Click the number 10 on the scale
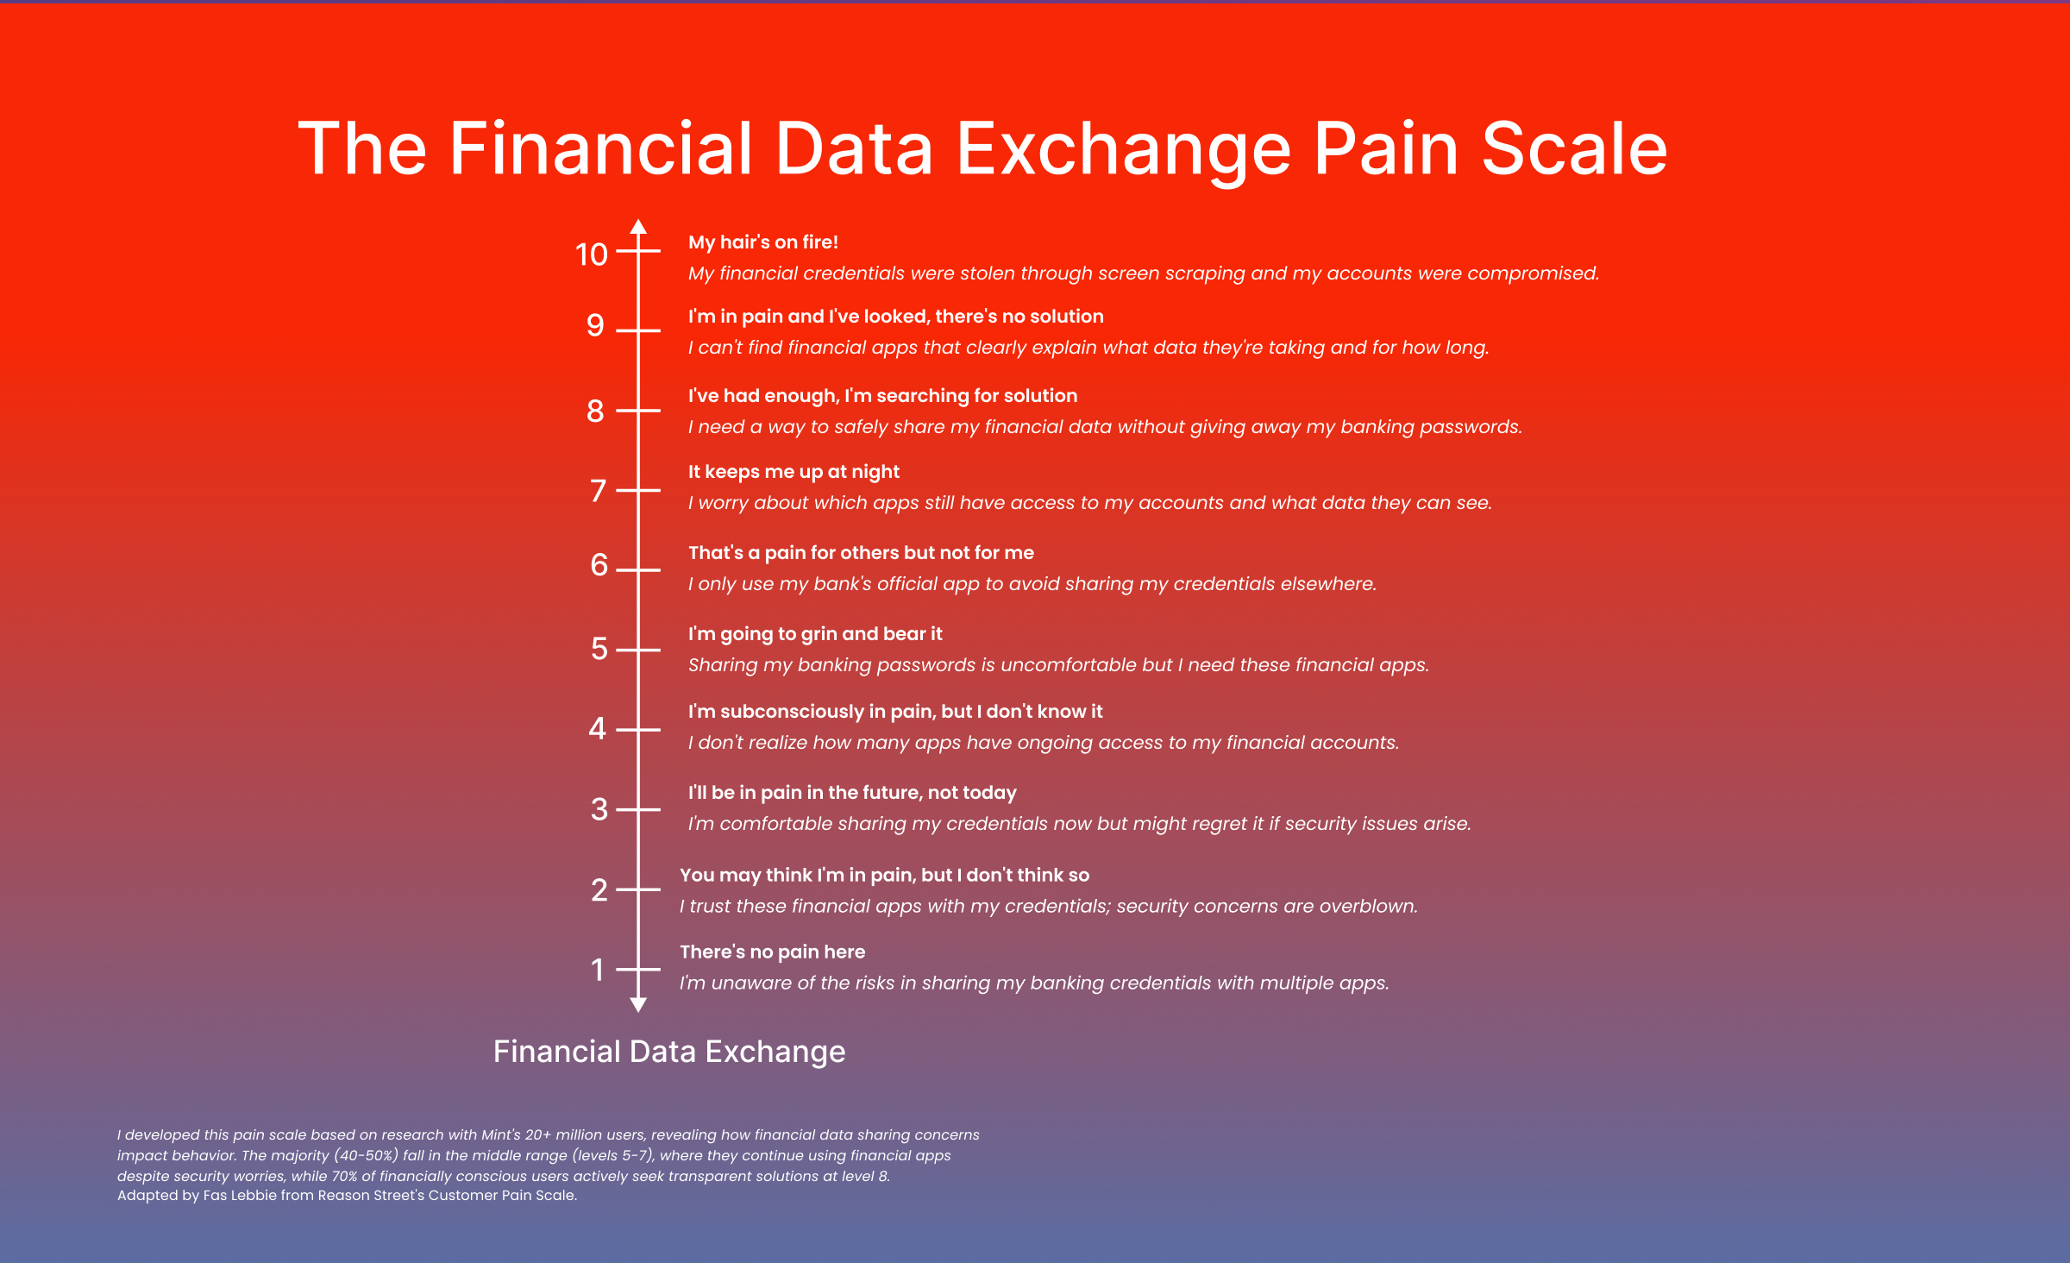point(592,254)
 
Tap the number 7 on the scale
point(599,491)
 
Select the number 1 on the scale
point(598,971)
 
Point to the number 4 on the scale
point(598,729)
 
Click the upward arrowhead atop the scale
point(638,227)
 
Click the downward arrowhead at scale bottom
point(638,1004)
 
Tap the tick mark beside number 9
point(638,330)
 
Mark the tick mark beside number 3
point(638,809)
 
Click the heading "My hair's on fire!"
point(763,242)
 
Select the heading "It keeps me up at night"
point(793,472)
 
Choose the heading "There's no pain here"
point(772,952)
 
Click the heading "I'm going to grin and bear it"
point(815,634)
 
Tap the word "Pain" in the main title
point(1386,148)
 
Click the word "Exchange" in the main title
point(1124,150)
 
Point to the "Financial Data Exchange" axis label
point(669,1052)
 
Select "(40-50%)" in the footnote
point(367,1156)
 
